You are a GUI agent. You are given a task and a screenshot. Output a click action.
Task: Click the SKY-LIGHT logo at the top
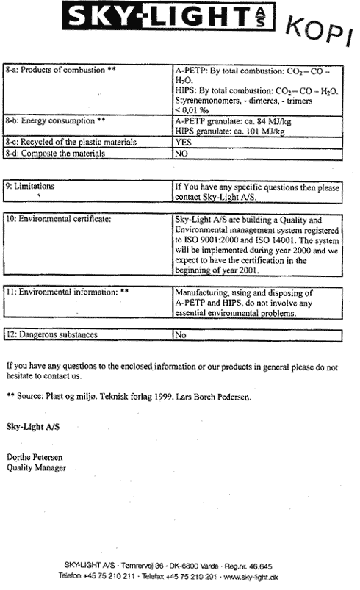pos(168,16)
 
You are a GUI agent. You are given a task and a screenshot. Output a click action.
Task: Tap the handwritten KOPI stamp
pos(320,32)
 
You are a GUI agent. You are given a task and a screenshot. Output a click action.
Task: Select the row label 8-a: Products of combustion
pos(60,70)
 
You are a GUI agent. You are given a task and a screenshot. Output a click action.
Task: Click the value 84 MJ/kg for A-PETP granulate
pos(274,121)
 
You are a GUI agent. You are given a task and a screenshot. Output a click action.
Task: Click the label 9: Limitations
pos(30,186)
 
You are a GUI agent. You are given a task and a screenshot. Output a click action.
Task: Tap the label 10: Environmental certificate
pos(58,219)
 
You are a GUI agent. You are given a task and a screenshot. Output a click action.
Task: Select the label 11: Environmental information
pos(67,292)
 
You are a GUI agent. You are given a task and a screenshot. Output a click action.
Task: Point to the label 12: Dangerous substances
pos(51,334)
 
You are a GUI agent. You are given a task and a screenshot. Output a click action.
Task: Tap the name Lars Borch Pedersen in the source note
pos(213,397)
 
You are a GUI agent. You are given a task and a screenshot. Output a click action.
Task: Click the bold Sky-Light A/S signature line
pos(33,427)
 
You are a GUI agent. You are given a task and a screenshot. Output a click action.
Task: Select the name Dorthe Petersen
pos(35,457)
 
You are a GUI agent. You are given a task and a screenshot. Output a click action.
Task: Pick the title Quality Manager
pos(36,468)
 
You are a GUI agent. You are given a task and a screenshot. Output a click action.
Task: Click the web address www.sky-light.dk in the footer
pos(251,577)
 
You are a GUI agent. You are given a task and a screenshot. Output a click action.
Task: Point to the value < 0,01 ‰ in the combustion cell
pos(192,110)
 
